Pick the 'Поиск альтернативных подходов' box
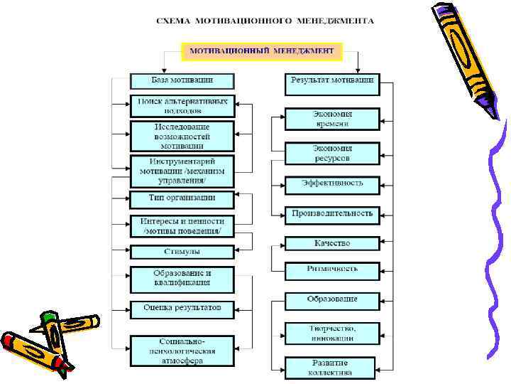182,107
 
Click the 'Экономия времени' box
332,118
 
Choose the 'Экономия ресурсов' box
332,153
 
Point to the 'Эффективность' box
332,183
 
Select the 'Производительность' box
332,213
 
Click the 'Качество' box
332,243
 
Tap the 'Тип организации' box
182,198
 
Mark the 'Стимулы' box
182,252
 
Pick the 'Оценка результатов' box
182,308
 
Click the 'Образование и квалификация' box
182,279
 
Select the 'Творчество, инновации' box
332,333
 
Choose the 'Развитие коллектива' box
332,367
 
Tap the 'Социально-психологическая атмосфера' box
182,352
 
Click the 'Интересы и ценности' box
182,226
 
